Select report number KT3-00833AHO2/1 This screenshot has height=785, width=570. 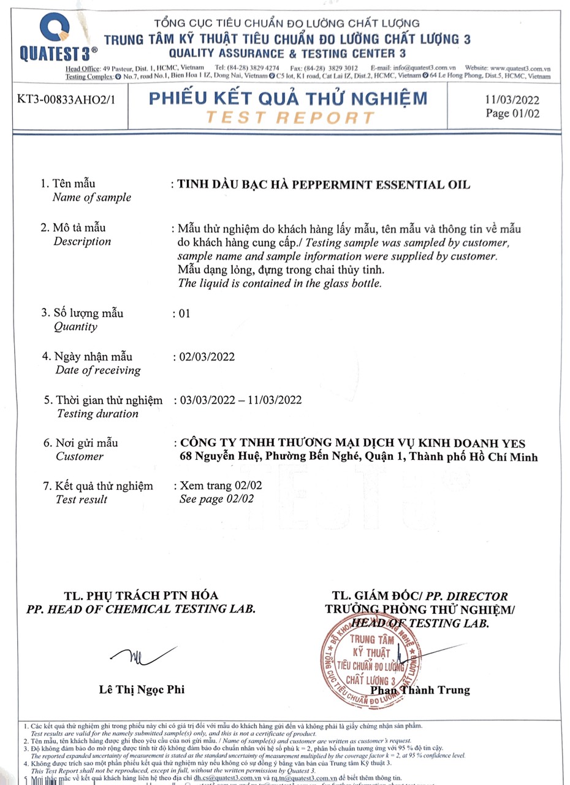(63, 99)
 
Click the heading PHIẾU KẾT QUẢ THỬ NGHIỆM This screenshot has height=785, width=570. (288, 98)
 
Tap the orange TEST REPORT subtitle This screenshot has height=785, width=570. (289, 117)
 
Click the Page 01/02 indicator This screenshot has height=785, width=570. (512, 113)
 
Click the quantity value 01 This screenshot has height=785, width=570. (184, 313)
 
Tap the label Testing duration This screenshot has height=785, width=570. (97, 413)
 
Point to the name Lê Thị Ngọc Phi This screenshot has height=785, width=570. (142, 690)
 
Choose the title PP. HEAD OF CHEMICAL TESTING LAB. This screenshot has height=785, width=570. (141, 609)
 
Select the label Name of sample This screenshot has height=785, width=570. (91, 197)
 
